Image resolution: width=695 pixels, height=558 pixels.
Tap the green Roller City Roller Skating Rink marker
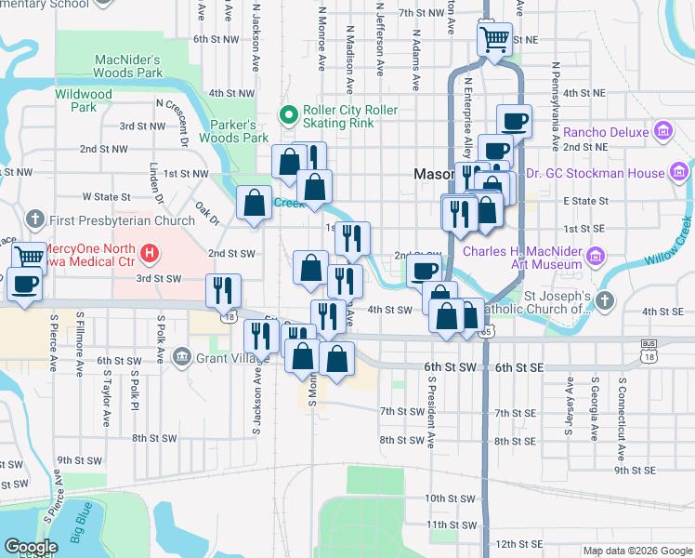[288, 116]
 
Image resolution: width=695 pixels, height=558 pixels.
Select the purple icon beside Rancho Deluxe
[663, 132]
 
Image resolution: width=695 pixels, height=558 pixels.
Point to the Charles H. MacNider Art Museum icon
[597, 255]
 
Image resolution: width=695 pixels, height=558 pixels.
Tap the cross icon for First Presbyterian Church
[36, 220]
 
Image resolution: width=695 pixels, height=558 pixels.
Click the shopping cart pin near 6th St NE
[494, 39]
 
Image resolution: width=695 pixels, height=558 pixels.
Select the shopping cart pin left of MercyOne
[30, 255]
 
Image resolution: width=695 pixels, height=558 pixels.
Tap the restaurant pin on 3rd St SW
[223, 289]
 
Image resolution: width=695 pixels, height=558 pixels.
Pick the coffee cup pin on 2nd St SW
[425, 271]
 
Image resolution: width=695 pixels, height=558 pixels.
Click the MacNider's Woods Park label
[128, 67]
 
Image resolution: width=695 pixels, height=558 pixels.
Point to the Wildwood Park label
[84, 100]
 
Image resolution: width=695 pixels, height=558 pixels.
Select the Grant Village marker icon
[181, 356]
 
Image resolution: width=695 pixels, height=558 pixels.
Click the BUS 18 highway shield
[648, 350]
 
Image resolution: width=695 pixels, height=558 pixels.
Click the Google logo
[31, 548]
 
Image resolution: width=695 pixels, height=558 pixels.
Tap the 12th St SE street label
[518, 543]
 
